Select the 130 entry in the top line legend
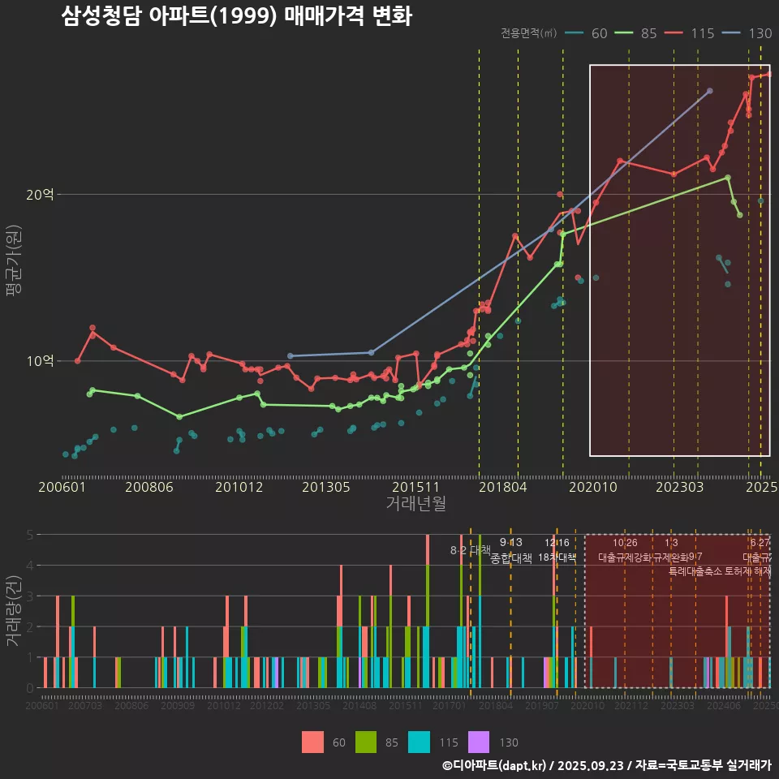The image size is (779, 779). click(x=760, y=33)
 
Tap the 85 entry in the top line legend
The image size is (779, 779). click(x=648, y=33)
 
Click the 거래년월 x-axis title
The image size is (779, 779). click(x=415, y=503)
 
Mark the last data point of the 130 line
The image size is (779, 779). click(x=710, y=91)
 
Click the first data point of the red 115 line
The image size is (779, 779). click(x=77, y=360)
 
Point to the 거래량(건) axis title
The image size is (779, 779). click(x=14, y=611)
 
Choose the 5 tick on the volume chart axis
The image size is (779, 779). click(x=30, y=535)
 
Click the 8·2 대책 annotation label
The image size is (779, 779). click(x=471, y=550)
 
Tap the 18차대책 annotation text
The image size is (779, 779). click(x=557, y=557)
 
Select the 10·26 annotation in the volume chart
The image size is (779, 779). click(x=625, y=543)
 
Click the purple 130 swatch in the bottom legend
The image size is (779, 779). click(x=480, y=742)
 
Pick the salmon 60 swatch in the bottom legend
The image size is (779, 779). click(x=312, y=742)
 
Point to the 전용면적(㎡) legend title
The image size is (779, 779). click(x=528, y=33)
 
